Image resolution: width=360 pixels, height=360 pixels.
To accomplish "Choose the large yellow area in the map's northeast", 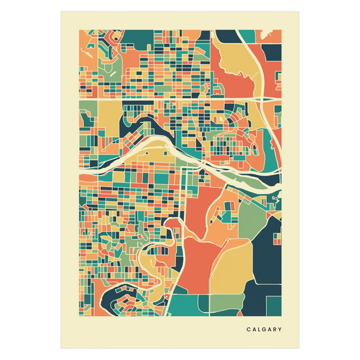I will (x=237, y=65).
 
